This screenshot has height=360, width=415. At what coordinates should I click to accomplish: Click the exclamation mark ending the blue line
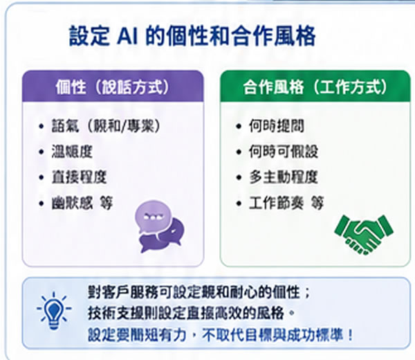click(x=352, y=335)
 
